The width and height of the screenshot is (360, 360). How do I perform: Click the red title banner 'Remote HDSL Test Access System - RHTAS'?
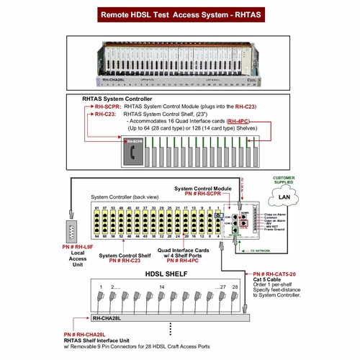pos(179,14)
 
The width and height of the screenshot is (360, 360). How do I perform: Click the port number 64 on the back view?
pos(95,235)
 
